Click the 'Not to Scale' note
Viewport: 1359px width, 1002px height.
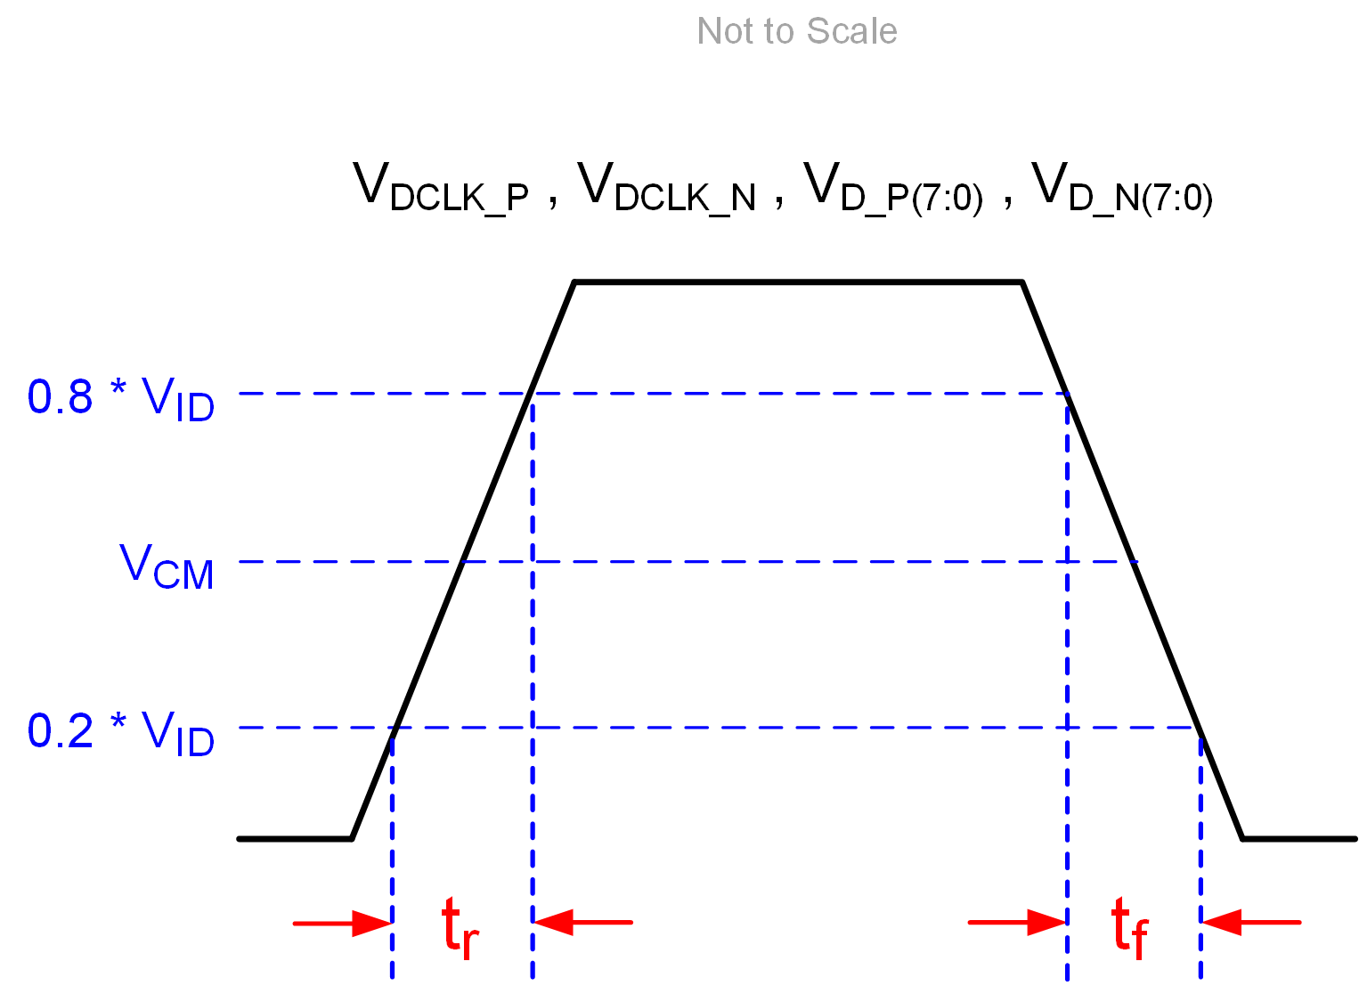click(796, 31)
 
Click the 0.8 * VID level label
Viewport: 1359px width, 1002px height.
click(121, 398)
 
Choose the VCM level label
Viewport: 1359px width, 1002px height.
click(167, 566)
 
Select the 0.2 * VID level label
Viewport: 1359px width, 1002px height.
click(121, 732)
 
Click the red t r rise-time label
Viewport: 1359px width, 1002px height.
click(460, 928)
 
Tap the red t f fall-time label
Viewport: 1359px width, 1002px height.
click(1130, 928)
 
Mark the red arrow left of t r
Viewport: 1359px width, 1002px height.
click(343, 923)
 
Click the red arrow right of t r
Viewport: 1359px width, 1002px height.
click(582, 922)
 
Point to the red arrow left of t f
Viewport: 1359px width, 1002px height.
click(1018, 922)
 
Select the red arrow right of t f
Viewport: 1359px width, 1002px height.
click(1250, 922)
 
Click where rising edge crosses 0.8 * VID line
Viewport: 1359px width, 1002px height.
click(531, 393)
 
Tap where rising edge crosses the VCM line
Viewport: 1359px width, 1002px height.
click(463, 562)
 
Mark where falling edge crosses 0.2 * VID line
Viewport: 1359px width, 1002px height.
click(1199, 728)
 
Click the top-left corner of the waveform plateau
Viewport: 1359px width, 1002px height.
click(575, 282)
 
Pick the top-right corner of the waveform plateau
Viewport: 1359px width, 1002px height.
click(1021, 282)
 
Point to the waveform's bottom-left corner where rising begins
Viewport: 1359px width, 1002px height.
click(353, 838)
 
